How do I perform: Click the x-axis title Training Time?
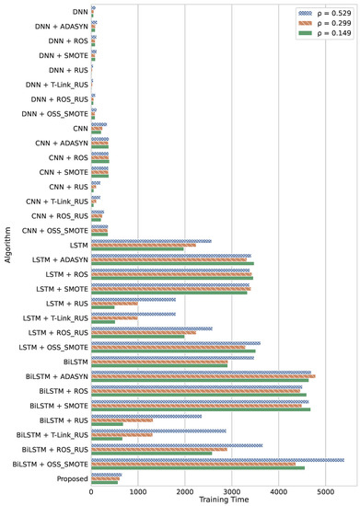221,500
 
